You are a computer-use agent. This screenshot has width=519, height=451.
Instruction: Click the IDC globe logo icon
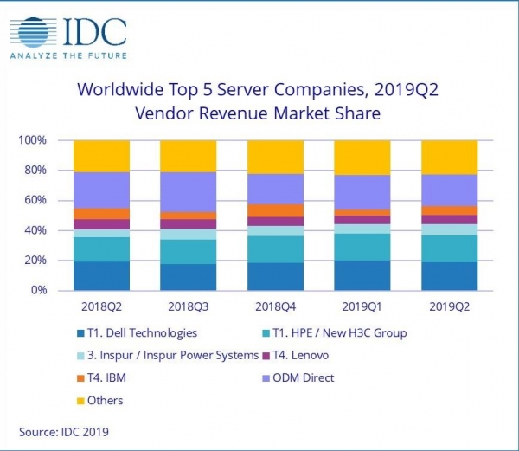click(33, 33)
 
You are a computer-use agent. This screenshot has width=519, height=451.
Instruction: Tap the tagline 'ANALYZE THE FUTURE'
click(68, 55)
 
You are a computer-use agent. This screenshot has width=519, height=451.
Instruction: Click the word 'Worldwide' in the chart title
click(120, 89)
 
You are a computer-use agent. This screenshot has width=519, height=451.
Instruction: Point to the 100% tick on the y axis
click(32, 140)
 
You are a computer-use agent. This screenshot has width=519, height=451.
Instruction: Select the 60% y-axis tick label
click(35, 200)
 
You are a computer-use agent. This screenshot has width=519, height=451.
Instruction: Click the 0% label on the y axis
click(39, 290)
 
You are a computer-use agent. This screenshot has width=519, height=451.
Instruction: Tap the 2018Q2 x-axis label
click(101, 307)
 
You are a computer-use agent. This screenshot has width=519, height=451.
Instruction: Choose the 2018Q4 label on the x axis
click(275, 307)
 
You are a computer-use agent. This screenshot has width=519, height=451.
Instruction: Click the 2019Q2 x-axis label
click(449, 307)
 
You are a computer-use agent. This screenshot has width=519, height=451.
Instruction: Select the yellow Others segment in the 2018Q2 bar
click(101, 156)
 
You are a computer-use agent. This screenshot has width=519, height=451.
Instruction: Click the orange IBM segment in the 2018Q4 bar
click(275, 210)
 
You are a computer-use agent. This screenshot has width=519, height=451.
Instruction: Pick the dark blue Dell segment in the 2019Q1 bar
click(362, 275)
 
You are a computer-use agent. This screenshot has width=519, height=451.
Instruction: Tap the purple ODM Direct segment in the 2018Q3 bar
click(189, 192)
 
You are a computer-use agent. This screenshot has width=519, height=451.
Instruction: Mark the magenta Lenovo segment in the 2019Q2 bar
click(449, 220)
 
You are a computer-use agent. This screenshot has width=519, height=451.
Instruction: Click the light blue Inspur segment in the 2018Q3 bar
click(189, 234)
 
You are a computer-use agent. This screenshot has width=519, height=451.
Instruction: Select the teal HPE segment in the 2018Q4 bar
click(275, 249)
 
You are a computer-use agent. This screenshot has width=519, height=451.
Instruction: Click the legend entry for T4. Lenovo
click(295, 355)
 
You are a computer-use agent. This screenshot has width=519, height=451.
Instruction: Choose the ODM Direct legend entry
click(298, 377)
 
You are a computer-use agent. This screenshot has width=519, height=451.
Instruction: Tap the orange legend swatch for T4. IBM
click(80, 378)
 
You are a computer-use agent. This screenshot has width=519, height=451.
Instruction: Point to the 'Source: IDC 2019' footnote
click(64, 432)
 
